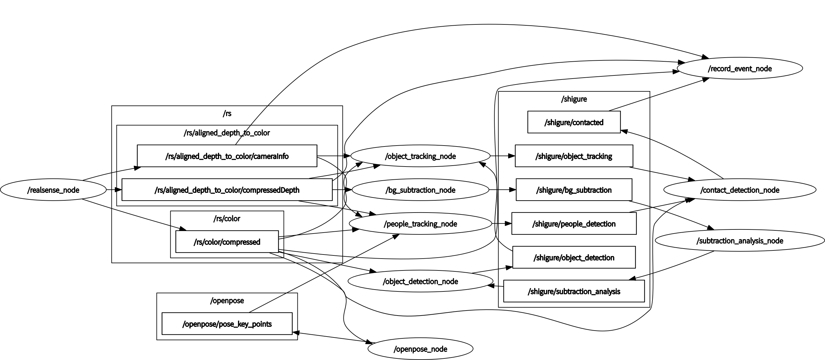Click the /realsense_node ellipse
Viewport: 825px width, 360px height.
pos(53,190)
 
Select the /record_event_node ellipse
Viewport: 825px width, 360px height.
pos(740,69)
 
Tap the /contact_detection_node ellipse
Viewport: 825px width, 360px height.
pos(740,190)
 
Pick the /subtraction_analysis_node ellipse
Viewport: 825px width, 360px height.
pos(740,240)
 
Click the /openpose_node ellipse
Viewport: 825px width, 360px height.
pos(420,349)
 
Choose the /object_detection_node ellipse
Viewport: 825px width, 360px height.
pos(420,281)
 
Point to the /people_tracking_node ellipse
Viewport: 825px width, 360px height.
pos(420,224)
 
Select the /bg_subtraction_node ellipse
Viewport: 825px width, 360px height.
pos(420,190)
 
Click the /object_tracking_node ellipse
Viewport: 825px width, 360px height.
pos(420,156)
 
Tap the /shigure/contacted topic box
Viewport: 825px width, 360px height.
pos(574,122)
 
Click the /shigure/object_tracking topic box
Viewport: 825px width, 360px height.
pos(574,156)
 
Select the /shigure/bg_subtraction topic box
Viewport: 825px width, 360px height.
pos(574,190)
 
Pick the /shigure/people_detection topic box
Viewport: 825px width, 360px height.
pos(574,224)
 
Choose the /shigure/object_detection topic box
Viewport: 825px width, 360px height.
pos(574,258)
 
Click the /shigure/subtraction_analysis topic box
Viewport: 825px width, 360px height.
pos(574,291)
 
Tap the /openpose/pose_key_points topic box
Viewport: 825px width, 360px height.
pos(227,324)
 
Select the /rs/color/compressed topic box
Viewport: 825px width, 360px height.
pos(227,242)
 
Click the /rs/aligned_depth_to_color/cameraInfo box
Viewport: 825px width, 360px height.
pos(227,156)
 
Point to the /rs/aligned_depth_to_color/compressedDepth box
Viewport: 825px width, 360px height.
pos(227,190)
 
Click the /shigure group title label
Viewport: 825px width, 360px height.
pos(574,99)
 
